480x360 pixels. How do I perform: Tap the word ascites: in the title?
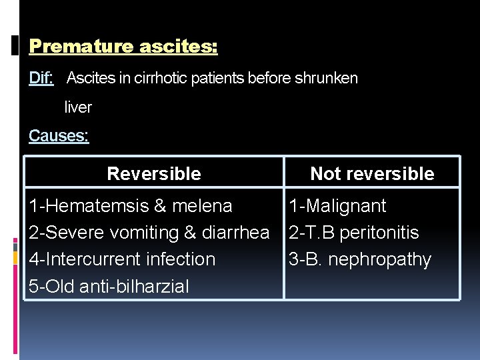(178, 47)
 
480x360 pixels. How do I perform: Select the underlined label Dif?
(41, 79)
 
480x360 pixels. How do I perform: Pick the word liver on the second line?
(78, 107)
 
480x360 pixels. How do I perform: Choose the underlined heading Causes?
(59, 136)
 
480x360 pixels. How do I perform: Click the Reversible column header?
(153, 174)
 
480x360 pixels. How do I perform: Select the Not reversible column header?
(372, 174)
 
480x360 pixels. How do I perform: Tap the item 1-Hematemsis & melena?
(131, 206)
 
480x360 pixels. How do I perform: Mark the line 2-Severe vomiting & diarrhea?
(149, 233)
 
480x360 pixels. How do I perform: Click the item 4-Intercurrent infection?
(122, 259)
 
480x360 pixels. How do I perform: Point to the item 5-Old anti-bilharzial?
(109, 287)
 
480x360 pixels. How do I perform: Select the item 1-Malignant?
(337, 206)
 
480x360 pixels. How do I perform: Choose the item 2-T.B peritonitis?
(353, 233)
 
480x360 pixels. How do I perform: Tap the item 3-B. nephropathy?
(360, 259)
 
